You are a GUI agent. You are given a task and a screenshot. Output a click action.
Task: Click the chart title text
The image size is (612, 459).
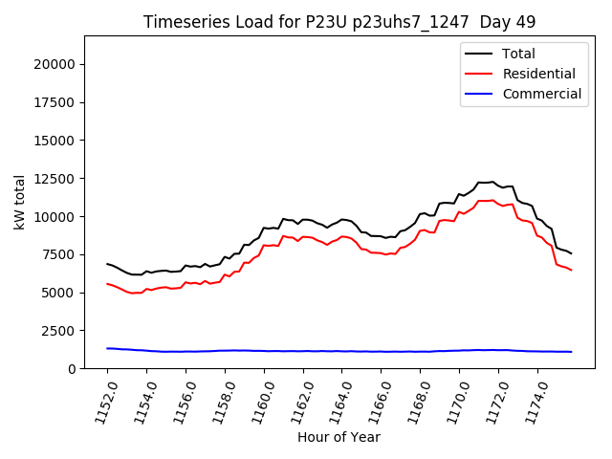point(339,22)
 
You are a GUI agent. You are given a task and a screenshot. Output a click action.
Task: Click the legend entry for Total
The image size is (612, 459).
point(518,54)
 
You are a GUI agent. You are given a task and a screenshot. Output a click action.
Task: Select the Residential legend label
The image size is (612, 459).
point(538,74)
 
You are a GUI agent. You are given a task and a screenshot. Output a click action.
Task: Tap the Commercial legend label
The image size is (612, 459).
point(541,94)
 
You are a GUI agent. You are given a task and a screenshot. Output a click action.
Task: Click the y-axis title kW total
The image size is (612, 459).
point(20,202)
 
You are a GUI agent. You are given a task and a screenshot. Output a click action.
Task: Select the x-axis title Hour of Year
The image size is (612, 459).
point(339,437)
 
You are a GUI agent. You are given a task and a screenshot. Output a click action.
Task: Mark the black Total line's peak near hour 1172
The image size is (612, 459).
point(492,181)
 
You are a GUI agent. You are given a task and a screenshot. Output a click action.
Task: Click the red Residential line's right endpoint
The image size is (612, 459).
point(571,270)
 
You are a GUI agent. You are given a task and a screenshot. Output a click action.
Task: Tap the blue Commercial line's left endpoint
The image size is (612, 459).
point(107,348)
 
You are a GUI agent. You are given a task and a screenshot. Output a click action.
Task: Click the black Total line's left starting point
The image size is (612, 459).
point(107,264)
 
